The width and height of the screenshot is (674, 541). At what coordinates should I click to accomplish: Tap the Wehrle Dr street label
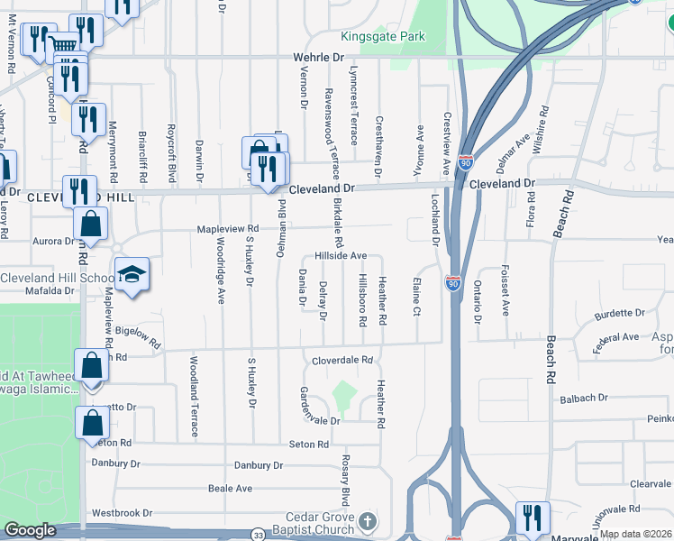[319, 56]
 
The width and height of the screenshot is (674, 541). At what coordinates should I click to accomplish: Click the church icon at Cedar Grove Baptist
[367, 520]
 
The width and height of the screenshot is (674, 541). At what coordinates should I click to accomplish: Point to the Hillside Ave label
[341, 256]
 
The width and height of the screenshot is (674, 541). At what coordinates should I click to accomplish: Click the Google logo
[30, 530]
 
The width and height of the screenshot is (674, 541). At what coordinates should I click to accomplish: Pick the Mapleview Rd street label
[229, 229]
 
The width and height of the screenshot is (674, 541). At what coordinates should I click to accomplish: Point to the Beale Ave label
[231, 488]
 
